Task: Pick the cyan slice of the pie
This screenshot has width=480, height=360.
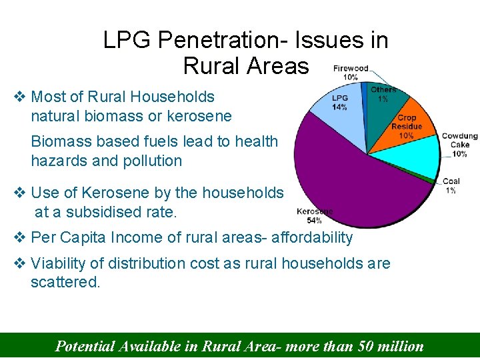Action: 417,159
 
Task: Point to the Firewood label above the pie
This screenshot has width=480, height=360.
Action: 351,69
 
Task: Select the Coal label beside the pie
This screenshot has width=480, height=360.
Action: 451,181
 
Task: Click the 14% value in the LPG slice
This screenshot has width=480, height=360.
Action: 339,107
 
